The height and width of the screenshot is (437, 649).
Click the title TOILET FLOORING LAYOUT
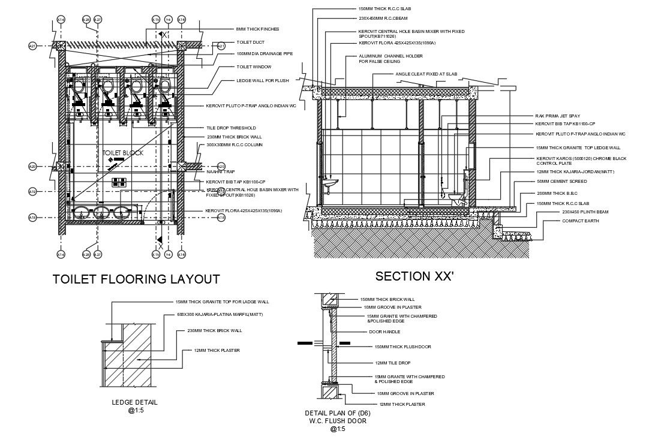(x=136, y=279)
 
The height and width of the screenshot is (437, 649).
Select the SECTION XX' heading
(x=414, y=276)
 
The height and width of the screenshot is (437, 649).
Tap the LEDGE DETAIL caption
(x=134, y=402)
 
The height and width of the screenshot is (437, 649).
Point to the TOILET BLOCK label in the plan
(x=123, y=153)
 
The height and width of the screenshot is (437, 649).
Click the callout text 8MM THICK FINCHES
(x=258, y=29)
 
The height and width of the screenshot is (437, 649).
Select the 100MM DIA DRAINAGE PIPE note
(x=265, y=54)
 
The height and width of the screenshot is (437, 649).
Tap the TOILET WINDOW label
(x=254, y=67)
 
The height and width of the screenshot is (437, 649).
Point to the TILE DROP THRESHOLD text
(x=231, y=128)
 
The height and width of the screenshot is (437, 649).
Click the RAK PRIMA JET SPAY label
(x=557, y=116)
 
